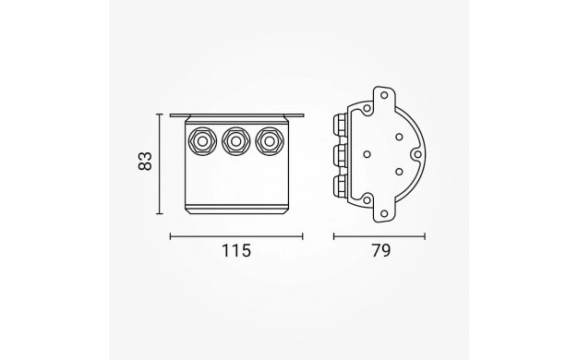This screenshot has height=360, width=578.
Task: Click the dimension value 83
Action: (x=145, y=161)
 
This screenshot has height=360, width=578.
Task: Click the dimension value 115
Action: (x=236, y=251)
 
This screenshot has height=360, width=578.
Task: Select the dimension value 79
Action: (x=380, y=251)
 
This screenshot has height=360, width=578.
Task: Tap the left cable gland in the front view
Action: (x=202, y=141)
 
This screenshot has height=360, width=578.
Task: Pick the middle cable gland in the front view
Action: (x=236, y=141)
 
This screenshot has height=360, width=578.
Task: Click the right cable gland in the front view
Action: (x=270, y=141)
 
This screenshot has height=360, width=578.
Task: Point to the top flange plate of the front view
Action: (x=236, y=115)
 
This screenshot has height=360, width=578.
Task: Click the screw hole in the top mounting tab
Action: (x=384, y=95)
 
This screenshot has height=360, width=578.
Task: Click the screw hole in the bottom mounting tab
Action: (x=384, y=213)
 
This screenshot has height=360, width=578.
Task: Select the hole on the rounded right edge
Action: (x=417, y=154)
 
